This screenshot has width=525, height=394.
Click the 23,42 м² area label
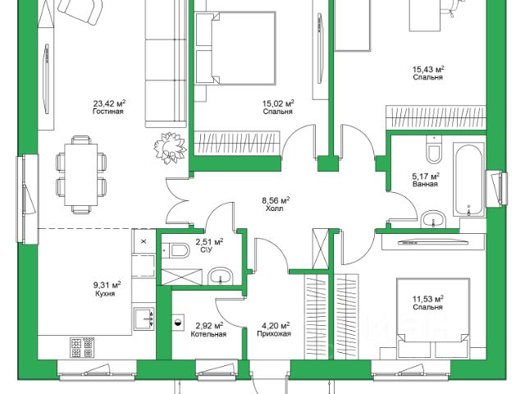pos(108,103)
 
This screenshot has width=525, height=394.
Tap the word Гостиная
pos(108,112)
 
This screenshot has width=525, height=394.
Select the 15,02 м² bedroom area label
pos(278,103)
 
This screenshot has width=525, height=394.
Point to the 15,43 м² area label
pos(428,69)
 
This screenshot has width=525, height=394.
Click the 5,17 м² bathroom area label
pos(426,175)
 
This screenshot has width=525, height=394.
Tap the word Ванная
pos(426,184)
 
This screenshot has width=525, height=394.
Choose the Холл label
pos(275,208)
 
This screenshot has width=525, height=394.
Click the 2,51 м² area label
pos(209,243)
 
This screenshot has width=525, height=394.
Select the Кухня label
pos(104,293)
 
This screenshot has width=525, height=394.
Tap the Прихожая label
pos(274,335)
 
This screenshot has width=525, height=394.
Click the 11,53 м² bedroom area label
pos(427,299)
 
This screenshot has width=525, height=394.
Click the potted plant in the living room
pos(171,146)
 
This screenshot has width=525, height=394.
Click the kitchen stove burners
pos(80,346)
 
